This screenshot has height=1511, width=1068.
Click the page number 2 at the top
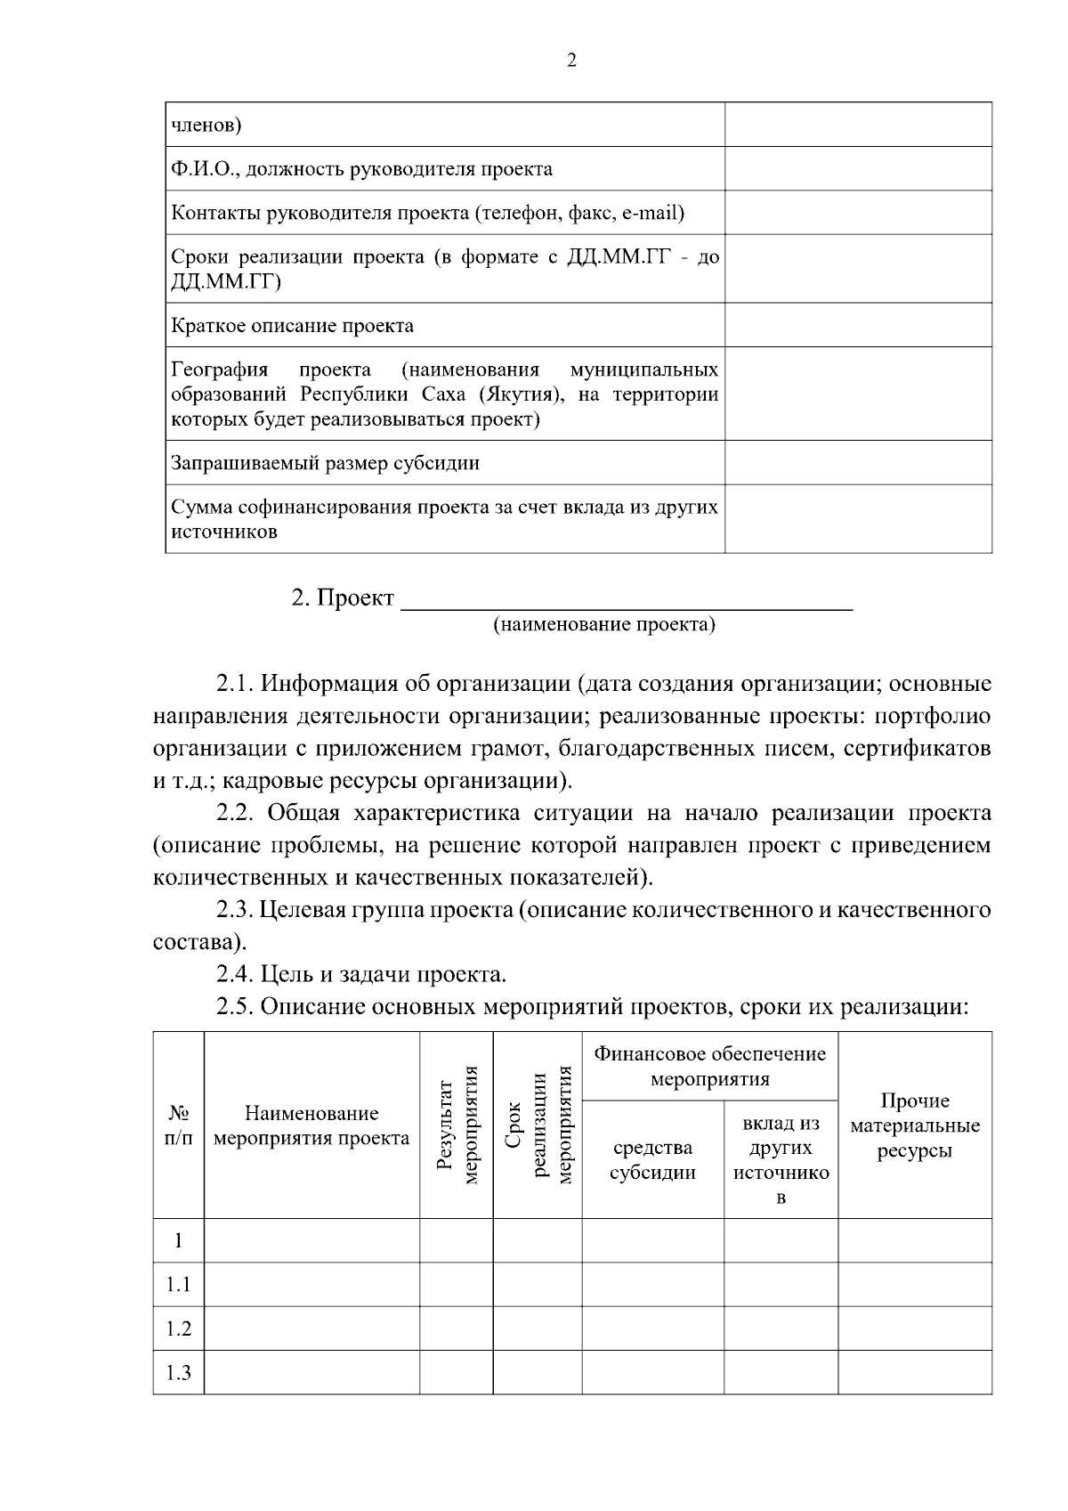(571, 61)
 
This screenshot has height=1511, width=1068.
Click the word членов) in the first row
(206, 126)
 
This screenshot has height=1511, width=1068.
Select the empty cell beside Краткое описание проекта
(858, 325)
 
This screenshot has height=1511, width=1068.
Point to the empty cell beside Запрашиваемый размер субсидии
(858, 463)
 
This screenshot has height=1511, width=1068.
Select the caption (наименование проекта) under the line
(604, 625)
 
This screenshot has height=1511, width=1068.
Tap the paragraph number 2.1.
(235, 685)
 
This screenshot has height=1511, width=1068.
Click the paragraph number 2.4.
(235, 975)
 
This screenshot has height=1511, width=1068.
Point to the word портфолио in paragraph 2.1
(932, 717)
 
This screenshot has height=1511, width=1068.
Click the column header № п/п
(179, 1125)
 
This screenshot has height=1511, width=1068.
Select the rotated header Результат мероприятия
(457, 1125)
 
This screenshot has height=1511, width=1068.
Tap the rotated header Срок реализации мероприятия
(538, 1125)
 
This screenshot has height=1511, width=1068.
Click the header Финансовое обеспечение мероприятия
(710, 1067)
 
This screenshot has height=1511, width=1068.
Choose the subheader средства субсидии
(652, 1160)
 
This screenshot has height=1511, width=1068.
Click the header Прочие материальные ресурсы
(915, 1125)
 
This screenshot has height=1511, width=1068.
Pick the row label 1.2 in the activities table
(179, 1328)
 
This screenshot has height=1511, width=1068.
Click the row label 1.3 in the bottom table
(179, 1373)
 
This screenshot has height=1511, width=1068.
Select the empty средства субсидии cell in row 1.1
(652, 1285)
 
